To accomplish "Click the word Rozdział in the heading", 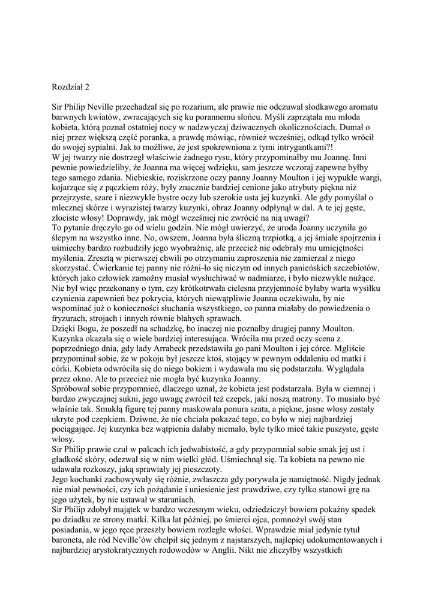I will click(x=69, y=87).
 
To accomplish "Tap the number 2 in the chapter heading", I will click(x=88, y=87).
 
